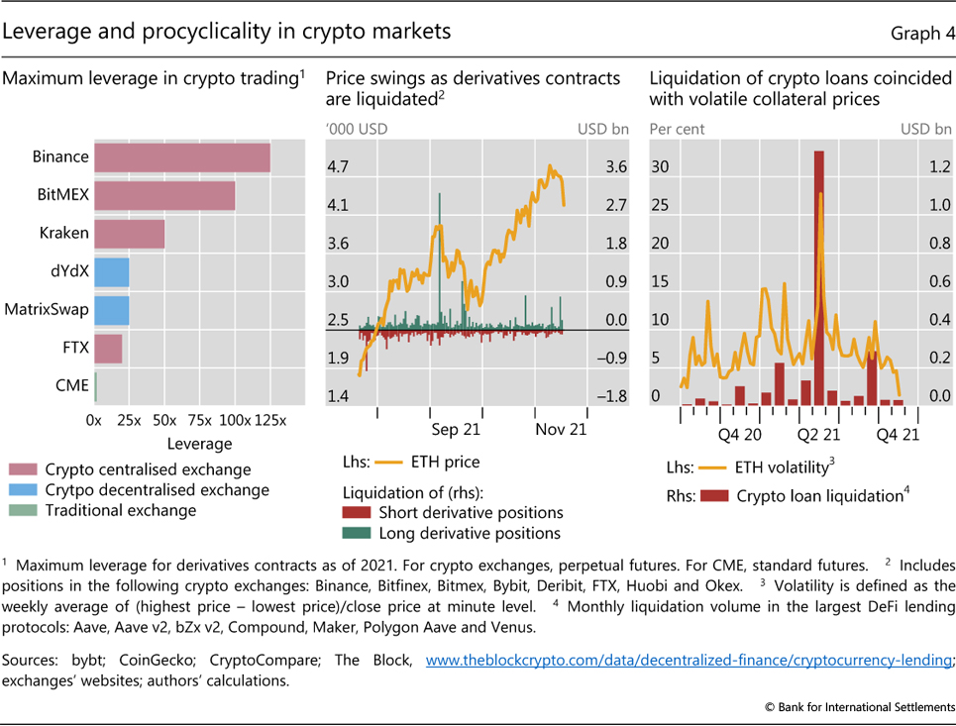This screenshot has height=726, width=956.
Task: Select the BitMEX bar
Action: coord(164,195)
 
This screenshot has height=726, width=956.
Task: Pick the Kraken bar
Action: coord(129,234)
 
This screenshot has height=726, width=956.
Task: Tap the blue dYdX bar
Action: coord(111,271)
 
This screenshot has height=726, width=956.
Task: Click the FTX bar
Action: coord(108,348)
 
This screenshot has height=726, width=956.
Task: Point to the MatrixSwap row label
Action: coord(47,309)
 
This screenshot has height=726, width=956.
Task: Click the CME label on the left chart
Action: coord(72,385)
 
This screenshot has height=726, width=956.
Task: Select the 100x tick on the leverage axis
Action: coord(235,420)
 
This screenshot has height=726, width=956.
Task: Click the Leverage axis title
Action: coord(199,444)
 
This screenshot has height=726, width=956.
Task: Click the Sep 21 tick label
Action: coord(457,430)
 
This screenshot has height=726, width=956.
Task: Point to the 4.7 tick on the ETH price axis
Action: coord(339,167)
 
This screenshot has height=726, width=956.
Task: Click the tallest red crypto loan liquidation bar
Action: coord(819,277)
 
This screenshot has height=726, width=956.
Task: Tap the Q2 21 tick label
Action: coord(818,434)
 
